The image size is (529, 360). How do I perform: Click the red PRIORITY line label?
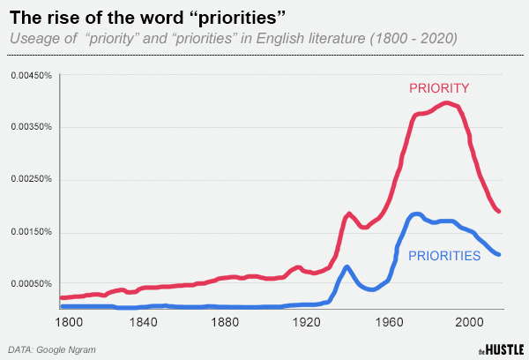tap(438, 88)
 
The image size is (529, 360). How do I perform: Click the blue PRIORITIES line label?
tap(443, 256)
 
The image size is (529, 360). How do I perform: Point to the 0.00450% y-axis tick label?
tap(32, 76)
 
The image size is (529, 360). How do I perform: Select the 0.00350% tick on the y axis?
tap(32, 128)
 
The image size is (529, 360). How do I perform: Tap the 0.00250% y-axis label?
tap(32, 180)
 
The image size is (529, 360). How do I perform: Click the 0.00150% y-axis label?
tap(32, 232)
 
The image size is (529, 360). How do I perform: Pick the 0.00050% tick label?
tap(32, 284)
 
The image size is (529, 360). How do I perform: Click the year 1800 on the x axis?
tap(69, 322)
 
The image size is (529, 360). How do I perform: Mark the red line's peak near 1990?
tap(448, 103)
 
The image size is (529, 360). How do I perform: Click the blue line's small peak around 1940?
tap(347, 266)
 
